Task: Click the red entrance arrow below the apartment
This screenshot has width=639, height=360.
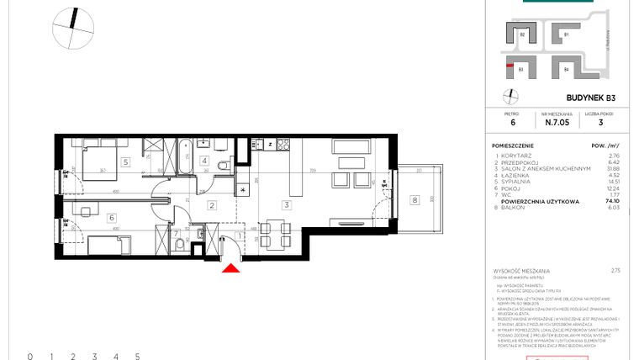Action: click(230, 267)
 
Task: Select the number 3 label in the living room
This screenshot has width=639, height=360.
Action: click(288, 204)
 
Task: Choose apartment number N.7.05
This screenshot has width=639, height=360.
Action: click(557, 122)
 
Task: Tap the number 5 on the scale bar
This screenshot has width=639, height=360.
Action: click(137, 357)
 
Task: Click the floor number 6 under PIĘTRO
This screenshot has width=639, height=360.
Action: click(512, 122)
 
